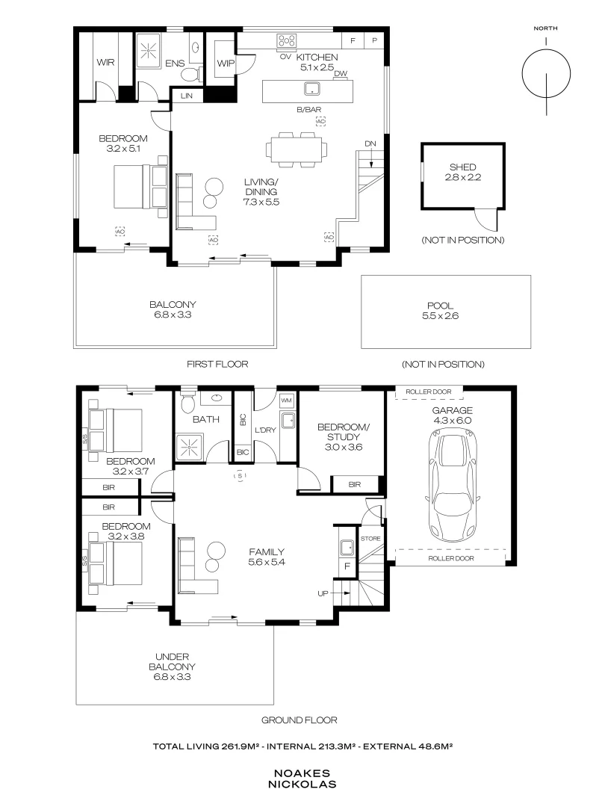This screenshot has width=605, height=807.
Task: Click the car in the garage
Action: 452,486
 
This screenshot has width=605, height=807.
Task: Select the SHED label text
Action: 462,167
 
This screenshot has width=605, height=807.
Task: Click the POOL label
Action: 441,306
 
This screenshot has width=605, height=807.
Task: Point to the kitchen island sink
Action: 311,88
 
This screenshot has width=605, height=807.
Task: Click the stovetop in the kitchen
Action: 287,40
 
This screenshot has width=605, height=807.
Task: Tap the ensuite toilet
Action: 191,74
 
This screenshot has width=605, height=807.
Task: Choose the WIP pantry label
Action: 226,64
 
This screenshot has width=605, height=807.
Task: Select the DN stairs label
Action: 370,143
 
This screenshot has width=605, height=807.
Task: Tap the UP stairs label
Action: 323,593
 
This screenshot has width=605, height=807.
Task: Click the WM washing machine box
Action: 287,400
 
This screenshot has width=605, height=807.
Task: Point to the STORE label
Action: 370,538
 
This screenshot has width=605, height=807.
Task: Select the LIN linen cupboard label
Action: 187,96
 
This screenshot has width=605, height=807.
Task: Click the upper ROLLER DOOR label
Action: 429,392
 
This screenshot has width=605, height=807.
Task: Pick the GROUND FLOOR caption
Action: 300,720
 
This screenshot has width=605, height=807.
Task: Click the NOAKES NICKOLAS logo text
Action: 302,779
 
